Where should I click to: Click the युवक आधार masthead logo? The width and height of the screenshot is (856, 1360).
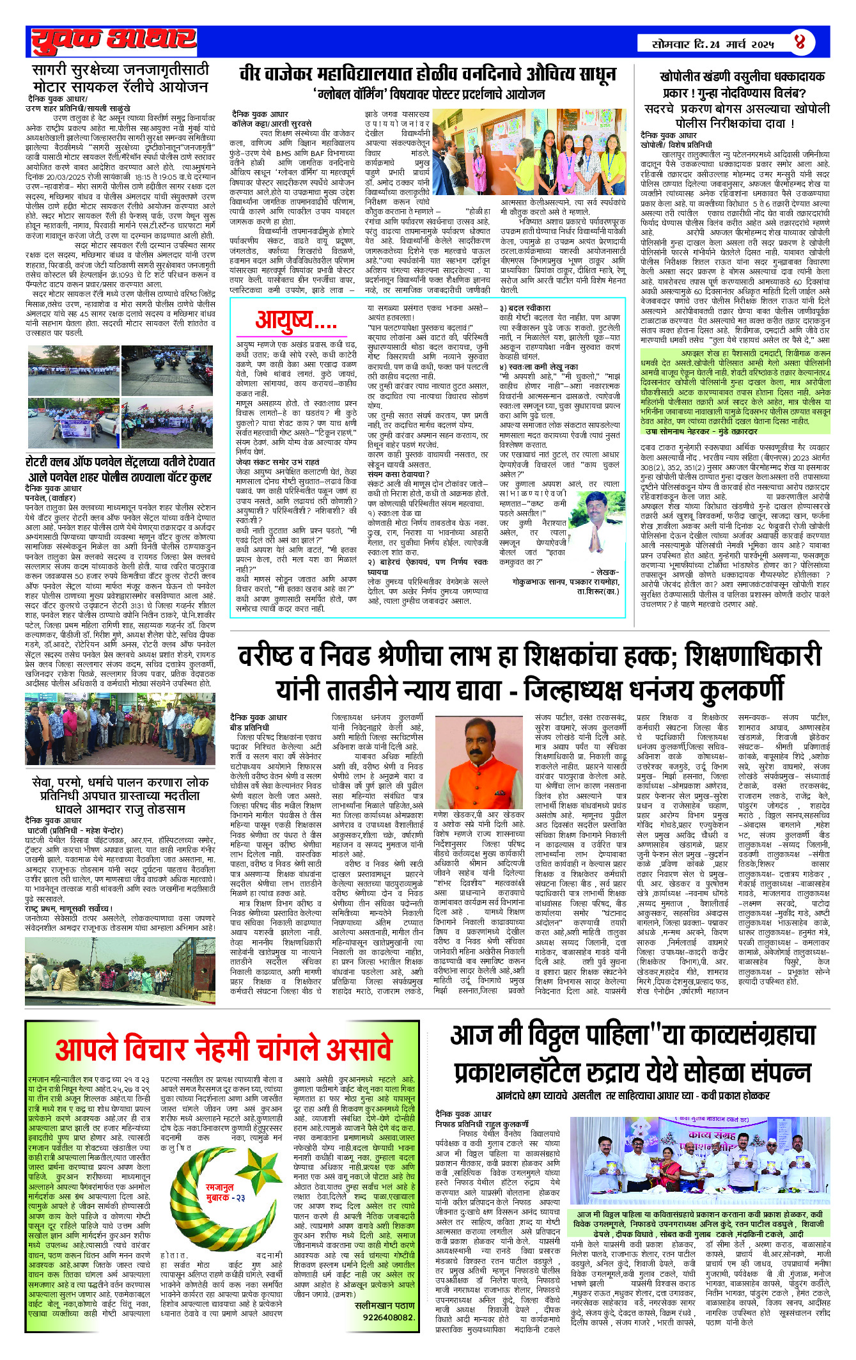pyautogui.click(x=114, y=41)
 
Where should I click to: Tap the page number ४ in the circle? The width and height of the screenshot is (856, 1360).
pyautogui.click(x=800, y=43)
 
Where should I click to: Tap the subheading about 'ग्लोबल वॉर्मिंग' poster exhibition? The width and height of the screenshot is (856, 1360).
pyautogui.click(x=429, y=95)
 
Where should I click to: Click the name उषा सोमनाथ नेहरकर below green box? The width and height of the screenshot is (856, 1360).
pyautogui.click(x=701, y=431)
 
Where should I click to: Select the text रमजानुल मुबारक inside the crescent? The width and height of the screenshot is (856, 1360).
pyautogui.click(x=219, y=1192)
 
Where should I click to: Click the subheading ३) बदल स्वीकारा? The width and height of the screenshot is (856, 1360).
pyautogui.click(x=525, y=308)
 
